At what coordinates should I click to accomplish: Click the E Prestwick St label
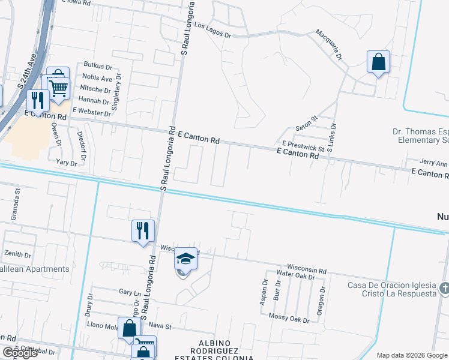[x=303, y=146]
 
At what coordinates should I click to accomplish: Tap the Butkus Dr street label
[x=98, y=65]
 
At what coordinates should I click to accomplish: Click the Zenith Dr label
[x=17, y=254]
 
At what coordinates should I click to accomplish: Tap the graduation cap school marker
[x=186, y=259]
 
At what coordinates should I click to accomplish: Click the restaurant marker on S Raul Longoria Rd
[x=143, y=230]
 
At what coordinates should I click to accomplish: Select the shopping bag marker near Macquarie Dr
[x=379, y=62]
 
